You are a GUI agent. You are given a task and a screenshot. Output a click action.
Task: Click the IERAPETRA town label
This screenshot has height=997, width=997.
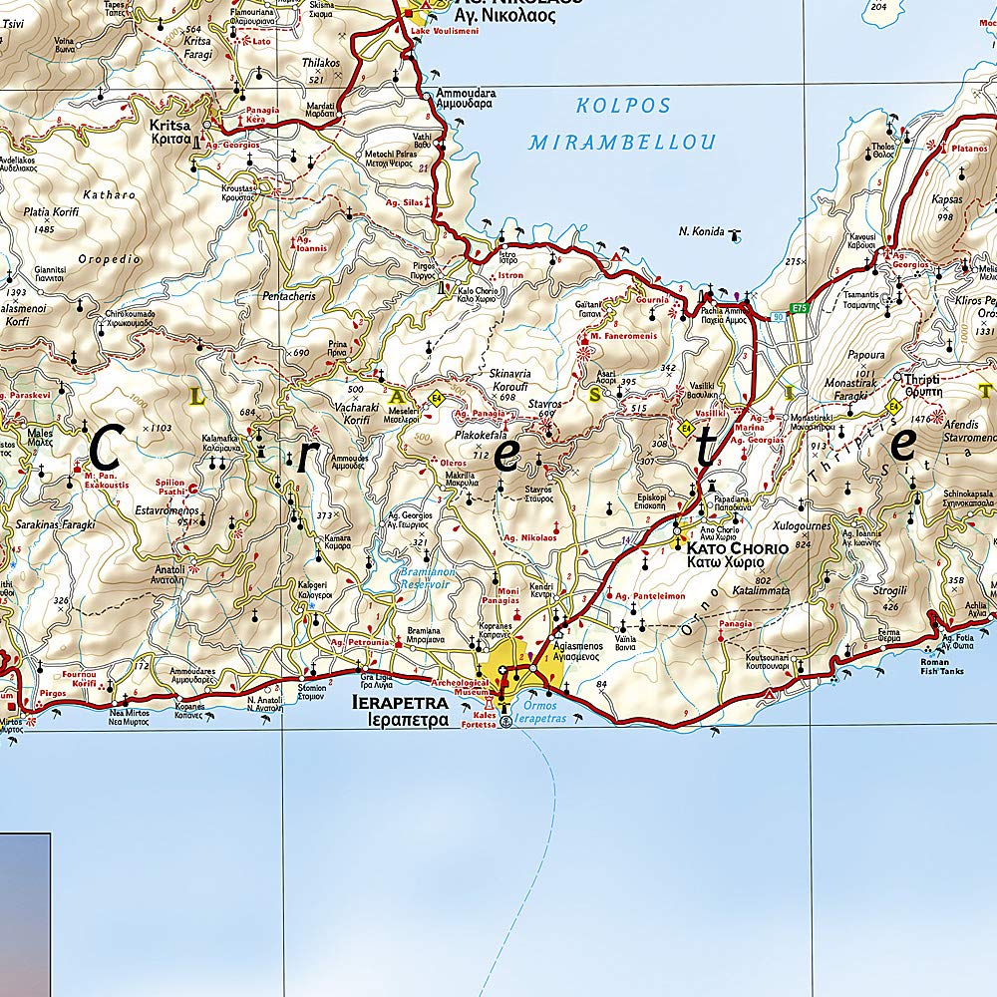[400, 702]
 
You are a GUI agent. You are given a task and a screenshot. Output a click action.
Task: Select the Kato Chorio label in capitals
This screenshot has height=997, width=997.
[737, 548]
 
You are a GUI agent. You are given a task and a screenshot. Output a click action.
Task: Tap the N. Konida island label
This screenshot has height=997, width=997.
[701, 231]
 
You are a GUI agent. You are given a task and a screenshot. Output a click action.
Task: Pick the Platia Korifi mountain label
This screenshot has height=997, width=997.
[51, 211]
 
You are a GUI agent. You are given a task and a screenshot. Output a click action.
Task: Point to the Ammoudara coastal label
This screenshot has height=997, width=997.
[465, 94]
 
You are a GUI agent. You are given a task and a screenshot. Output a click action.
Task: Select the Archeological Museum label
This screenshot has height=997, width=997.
[460, 687]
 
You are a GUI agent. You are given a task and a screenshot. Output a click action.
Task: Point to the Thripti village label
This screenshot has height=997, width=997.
[923, 379]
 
